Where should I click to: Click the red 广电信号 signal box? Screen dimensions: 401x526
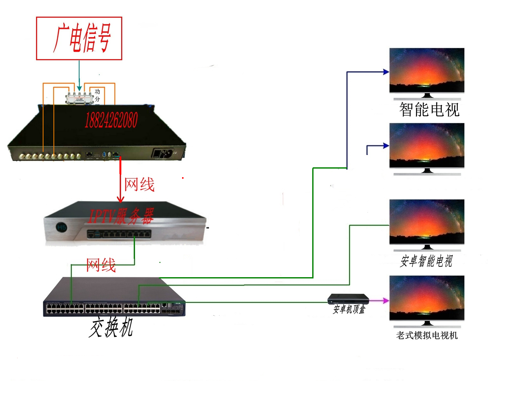[x=79, y=38]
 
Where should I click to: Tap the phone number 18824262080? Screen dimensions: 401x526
[x=111, y=120]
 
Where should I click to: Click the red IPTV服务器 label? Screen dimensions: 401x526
[x=121, y=216]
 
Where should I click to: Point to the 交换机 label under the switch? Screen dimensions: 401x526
[x=111, y=327]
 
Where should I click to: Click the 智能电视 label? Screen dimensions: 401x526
[x=429, y=110]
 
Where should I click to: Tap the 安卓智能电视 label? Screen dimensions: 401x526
[x=426, y=261]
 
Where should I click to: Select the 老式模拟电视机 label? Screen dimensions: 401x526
[x=427, y=335]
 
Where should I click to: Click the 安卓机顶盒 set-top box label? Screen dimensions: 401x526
[x=349, y=309]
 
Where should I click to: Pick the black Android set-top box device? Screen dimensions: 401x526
[x=348, y=299]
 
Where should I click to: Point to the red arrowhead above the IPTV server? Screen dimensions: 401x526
[x=120, y=199]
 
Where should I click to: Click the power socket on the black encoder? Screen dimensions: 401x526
[x=163, y=153]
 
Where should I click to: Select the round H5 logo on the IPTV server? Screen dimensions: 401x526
[x=61, y=227]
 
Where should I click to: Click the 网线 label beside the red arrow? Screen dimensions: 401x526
[x=139, y=184]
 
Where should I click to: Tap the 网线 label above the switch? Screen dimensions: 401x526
[x=101, y=265]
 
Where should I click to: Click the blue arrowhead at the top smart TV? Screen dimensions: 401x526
[x=386, y=72]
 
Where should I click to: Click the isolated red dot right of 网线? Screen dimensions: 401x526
[x=183, y=178]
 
